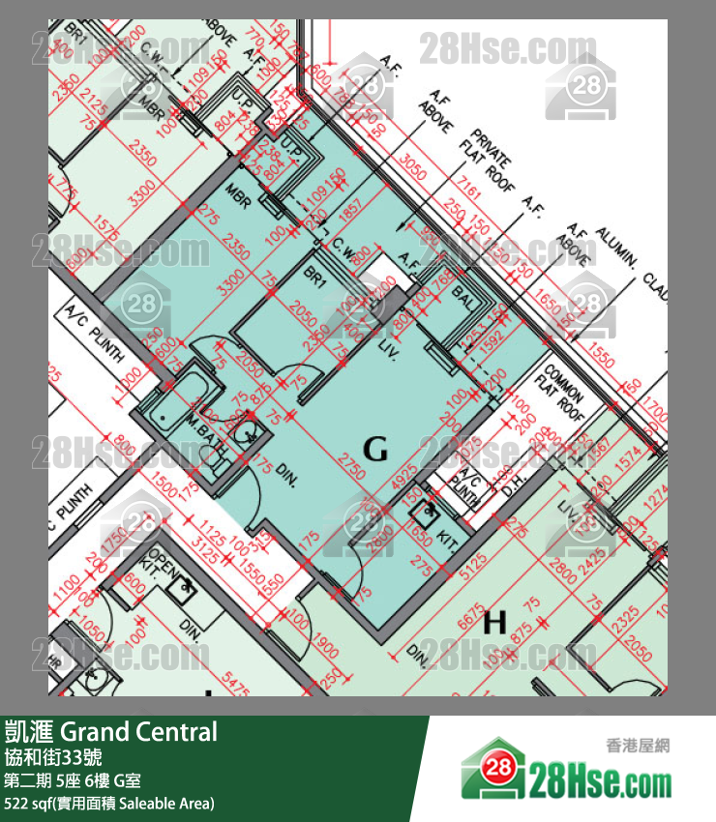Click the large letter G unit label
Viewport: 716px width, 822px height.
(x=375, y=448)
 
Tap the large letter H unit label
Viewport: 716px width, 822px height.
(x=494, y=623)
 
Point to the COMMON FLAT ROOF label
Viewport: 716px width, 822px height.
(x=567, y=388)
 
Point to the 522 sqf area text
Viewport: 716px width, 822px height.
(x=109, y=803)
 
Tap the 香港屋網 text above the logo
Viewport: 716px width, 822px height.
(x=638, y=746)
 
